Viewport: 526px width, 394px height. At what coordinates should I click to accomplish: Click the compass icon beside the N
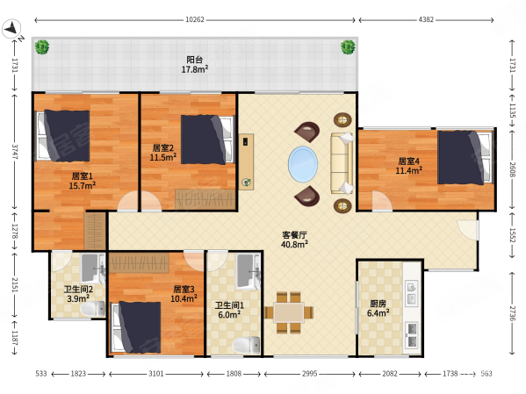11,28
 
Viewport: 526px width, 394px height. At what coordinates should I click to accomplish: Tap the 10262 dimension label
195,20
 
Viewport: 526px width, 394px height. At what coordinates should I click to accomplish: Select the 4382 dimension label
426,20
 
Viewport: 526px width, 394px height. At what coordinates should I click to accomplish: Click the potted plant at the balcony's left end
42,47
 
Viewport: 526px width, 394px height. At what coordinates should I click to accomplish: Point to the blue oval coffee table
303,164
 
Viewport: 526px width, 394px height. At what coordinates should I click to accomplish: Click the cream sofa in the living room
342,163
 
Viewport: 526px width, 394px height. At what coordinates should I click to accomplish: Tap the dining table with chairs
289,312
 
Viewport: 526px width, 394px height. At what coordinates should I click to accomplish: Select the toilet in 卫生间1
246,345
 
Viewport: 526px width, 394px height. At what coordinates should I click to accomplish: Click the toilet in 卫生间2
93,309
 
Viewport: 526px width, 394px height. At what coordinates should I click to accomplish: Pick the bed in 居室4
465,158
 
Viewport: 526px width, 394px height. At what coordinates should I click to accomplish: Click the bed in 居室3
136,327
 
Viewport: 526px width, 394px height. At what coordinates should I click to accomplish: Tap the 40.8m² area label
294,245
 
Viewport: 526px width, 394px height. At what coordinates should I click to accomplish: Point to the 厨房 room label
378,304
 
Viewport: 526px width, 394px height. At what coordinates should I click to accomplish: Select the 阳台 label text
195,60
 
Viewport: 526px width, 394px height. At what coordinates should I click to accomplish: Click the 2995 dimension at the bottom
309,374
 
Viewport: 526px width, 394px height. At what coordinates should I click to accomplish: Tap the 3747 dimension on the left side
15,152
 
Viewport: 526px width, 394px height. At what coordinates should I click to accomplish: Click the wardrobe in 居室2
205,200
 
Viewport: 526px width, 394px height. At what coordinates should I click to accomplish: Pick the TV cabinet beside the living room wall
246,162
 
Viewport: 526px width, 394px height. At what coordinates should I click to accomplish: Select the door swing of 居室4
382,201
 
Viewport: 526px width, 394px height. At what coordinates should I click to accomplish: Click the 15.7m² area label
83,185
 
